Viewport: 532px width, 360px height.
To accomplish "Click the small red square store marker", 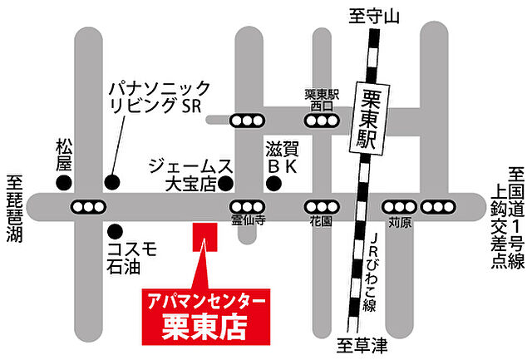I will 203,237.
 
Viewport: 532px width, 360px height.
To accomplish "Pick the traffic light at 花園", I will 319,206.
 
